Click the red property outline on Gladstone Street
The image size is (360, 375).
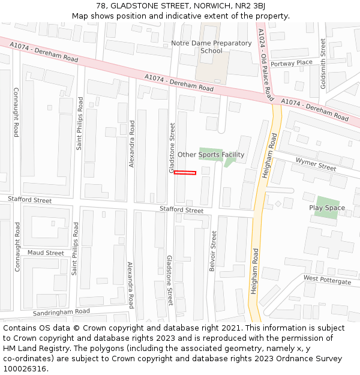(185, 173)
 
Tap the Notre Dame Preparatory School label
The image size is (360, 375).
(211, 47)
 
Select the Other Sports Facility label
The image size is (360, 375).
(211, 155)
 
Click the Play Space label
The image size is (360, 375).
(327, 208)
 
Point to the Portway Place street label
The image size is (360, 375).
(292, 63)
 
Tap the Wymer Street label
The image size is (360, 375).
(316, 164)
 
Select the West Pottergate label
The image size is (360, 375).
(327, 280)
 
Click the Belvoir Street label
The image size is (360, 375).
(212, 251)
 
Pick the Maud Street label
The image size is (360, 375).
(46, 253)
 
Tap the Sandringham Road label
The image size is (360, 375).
(61, 312)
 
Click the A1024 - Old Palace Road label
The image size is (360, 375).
(265, 65)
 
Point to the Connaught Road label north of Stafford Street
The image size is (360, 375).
(16, 121)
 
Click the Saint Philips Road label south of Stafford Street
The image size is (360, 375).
(75, 248)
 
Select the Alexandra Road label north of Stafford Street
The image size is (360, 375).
(132, 143)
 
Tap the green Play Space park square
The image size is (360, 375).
(327, 208)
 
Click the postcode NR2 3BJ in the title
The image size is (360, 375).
(251, 6)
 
